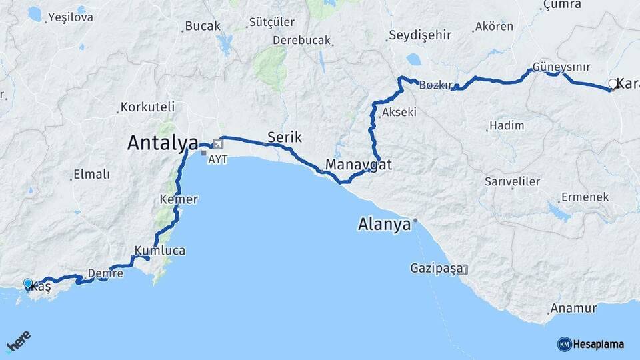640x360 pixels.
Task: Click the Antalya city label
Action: (x=162, y=143)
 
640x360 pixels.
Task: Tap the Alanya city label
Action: (x=384, y=225)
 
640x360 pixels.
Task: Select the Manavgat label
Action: (x=359, y=164)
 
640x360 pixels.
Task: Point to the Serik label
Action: (x=285, y=137)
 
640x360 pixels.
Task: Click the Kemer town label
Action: (x=179, y=199)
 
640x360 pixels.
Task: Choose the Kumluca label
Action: (x=160, y=251)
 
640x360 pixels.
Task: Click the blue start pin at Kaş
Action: (x=28, y=284)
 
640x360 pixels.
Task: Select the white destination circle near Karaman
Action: (x=613, y=84)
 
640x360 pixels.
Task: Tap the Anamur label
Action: (x=573, y=309)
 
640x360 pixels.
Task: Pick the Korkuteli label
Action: (x=147, y=107)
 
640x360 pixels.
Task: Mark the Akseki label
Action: (x=400, y=112)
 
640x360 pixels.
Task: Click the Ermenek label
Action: (x=585, y=197)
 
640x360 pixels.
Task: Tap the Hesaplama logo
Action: (x=591, y=344)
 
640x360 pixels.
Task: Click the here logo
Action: (x=19, y=342)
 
